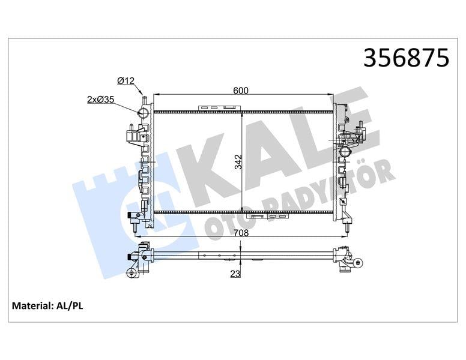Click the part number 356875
(406, 58)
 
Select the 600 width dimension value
(241, 90)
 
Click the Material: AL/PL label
(47, 306)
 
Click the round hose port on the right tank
(346, 152)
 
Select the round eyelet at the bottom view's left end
(131, 274)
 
